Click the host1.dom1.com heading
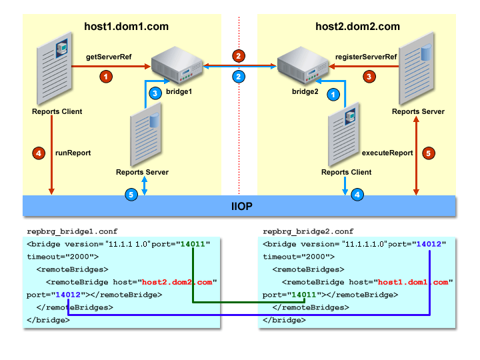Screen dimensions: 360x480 coord(126,27)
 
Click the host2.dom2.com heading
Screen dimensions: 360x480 coord(357,27)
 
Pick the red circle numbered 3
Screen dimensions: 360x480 coord(369,77)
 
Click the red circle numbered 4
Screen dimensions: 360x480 coord(39,153)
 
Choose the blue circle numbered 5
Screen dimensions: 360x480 coord(131,195)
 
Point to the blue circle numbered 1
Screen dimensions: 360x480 coord(333,95)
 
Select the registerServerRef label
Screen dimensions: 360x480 coord(365,58)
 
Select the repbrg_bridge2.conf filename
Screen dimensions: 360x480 coord(307,231)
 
